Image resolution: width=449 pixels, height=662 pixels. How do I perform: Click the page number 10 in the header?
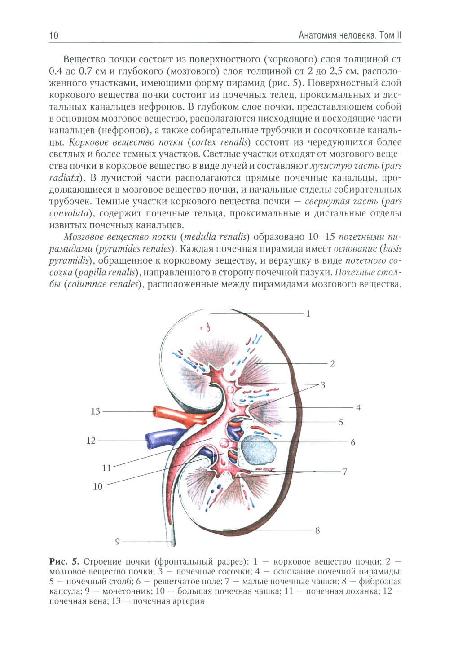point(53,35)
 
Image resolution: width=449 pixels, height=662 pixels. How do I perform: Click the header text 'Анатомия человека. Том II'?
point(350,35)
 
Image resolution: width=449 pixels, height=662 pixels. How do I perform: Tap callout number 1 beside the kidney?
point(308,313)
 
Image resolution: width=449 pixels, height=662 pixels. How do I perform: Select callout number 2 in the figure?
point(332,363)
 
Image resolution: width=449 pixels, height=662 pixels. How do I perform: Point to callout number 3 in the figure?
point(322,385)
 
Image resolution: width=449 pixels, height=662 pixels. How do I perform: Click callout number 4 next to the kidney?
point(358,408)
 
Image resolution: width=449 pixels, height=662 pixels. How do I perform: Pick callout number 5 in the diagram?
point(341,422)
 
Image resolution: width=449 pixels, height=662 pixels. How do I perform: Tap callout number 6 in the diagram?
point(353,442)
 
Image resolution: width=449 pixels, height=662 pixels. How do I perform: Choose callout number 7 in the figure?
point(345,472)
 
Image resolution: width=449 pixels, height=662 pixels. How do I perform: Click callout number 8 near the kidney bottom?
point(317,530)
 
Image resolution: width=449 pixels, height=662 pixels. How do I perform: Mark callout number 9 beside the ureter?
point(118,542)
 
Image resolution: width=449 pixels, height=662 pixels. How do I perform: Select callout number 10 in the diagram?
point(98,486)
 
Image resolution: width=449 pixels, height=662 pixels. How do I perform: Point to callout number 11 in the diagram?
point(106,468)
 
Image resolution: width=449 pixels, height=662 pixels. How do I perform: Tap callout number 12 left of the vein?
point(91,441)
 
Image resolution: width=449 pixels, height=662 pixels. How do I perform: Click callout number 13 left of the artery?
point(96,411)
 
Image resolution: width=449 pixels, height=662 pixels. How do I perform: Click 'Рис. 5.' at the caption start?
point(64,561)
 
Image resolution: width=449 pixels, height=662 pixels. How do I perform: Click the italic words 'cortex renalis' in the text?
point(219,142)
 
